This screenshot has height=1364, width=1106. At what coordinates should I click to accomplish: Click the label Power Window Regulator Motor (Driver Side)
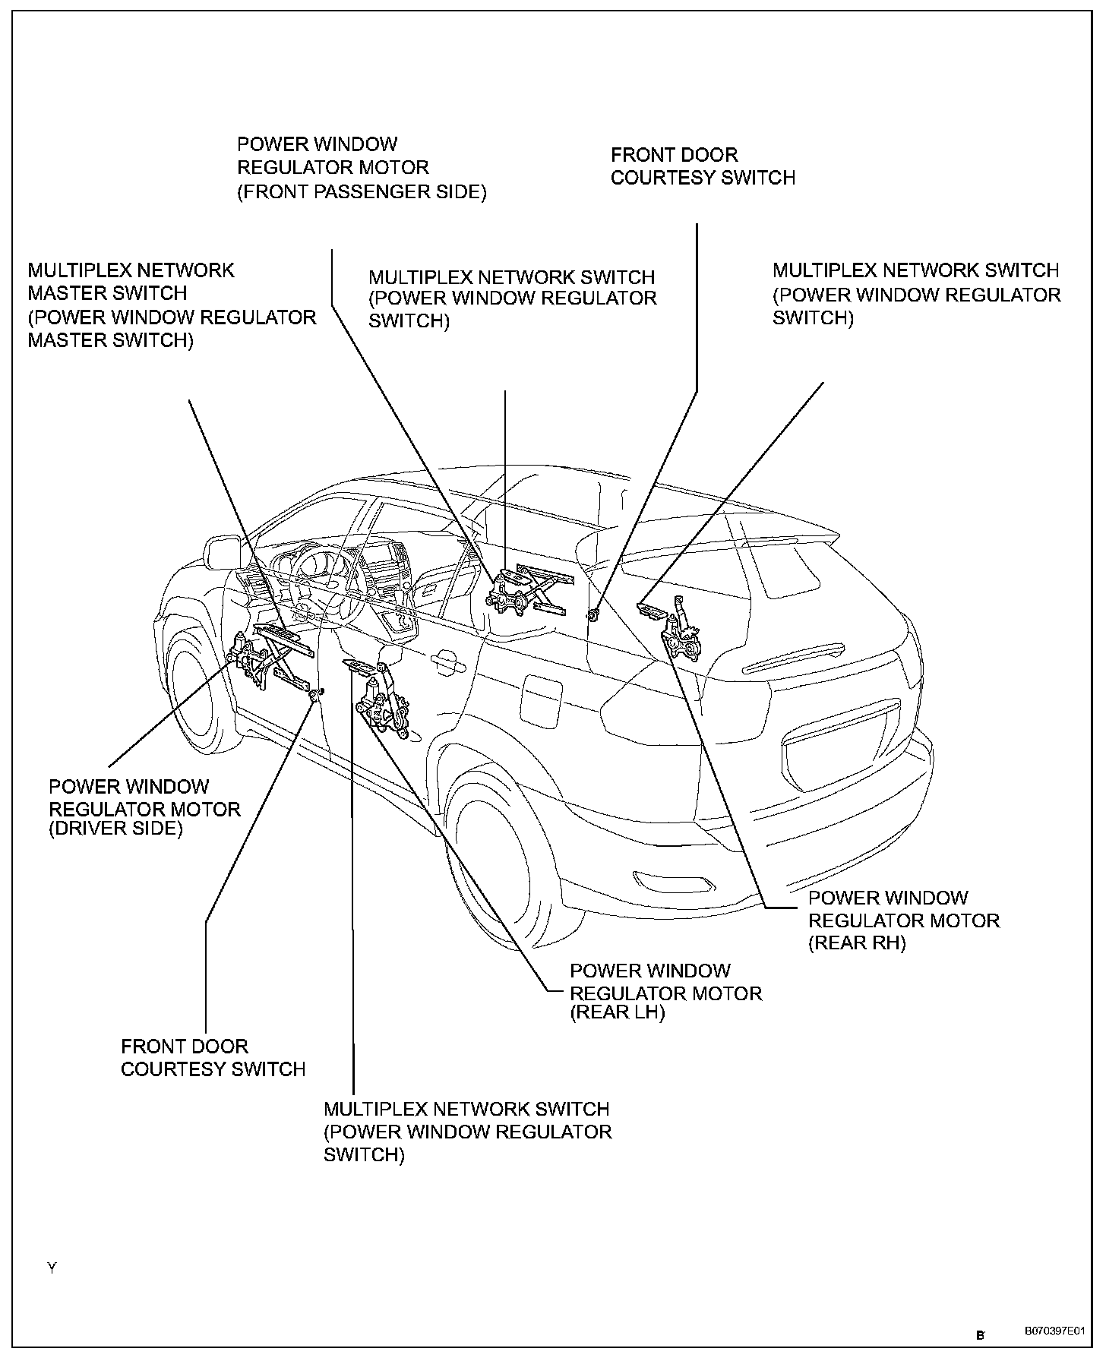click(144, 807)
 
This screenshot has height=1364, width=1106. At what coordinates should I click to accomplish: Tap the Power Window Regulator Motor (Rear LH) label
click(665, 992)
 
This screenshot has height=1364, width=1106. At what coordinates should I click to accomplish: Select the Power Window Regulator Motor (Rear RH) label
click(903, 920)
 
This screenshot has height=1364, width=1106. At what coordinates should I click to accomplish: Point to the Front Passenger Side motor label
click(362, 168)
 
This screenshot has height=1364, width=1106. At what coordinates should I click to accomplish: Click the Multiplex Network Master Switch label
click(172, 305)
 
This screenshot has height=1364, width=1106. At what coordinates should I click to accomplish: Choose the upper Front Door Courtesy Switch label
click(703, 166)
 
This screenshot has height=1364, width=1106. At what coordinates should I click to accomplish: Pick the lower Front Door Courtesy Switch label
click(213, 1058)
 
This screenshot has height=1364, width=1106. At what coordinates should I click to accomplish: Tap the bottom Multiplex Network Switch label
click(467, 1132)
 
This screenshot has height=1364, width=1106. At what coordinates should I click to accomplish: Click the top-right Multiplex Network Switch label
click(916, 293)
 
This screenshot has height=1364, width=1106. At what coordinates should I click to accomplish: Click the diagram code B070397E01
click(1054, 1332)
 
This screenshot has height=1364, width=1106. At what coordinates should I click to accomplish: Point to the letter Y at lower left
click(52, 1268)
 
